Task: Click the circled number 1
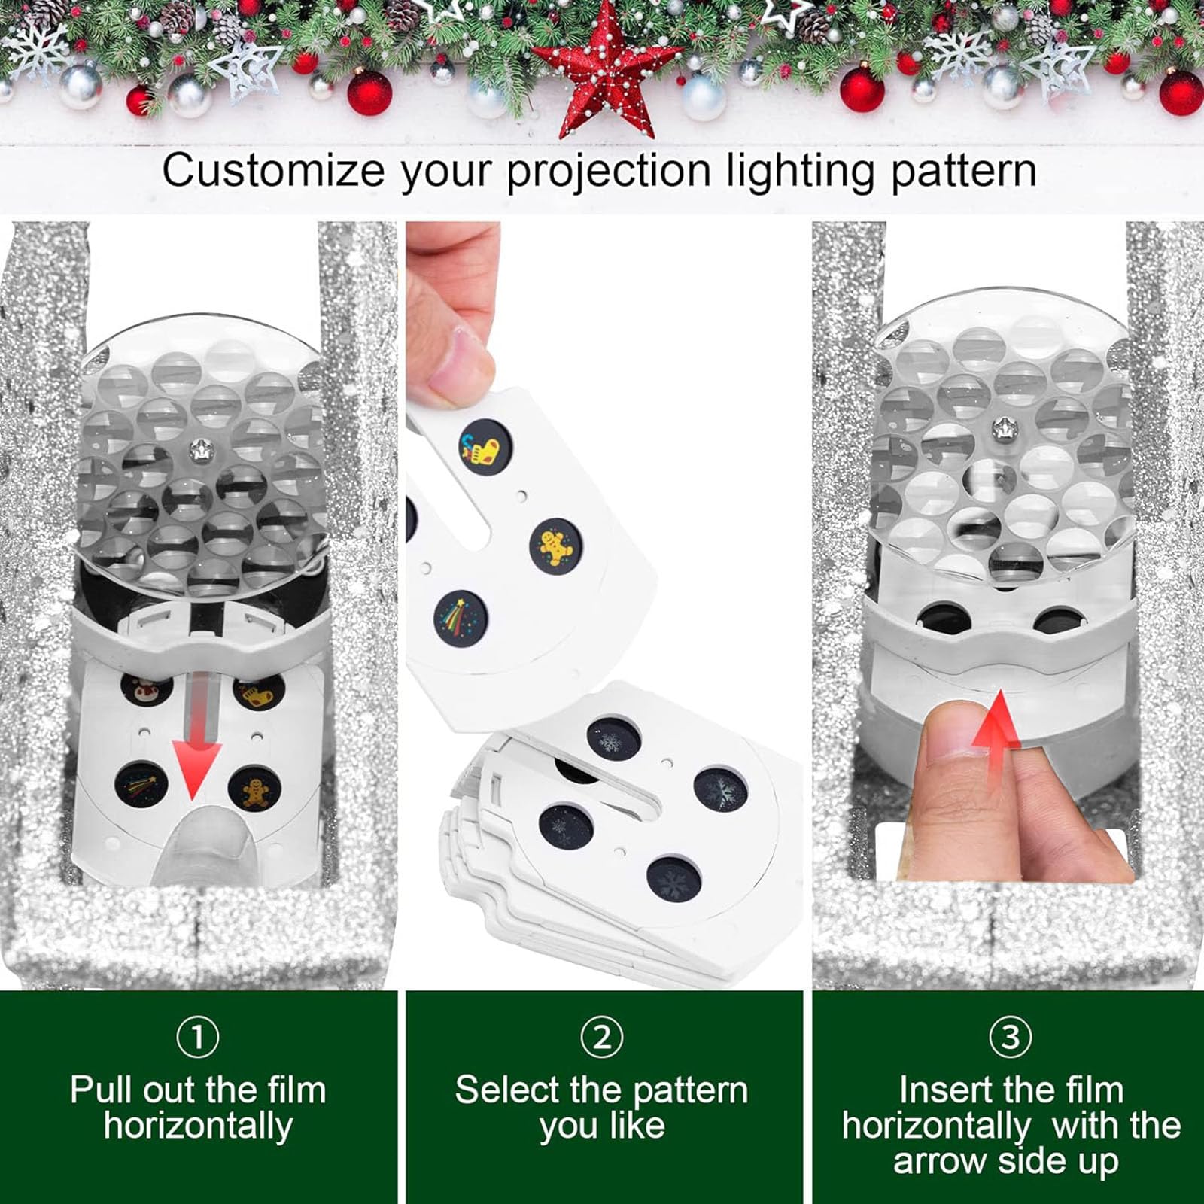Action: tap(198, 1037)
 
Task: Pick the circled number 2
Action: tap(601, 1037)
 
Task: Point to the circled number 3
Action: tap(1010, 1037)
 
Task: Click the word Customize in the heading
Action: tap(273, 171)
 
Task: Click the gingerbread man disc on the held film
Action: tap(556, 544)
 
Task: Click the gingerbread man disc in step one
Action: tap(255, 789)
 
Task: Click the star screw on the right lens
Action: tap(1003, 429)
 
